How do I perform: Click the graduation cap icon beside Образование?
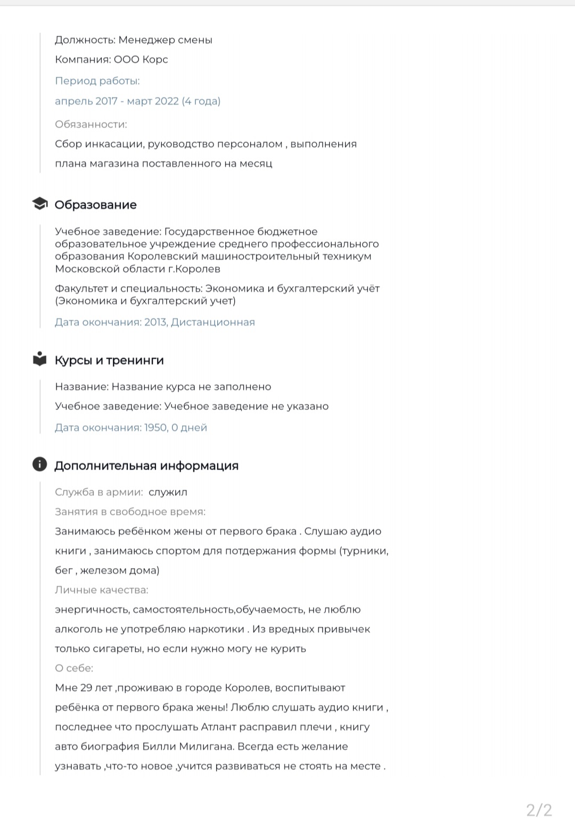pyautogui.click(x=39, y=204)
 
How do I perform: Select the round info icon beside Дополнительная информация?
pyautogui.click(x=39, y=464)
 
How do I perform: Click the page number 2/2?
pyautogui.click(x=539, y=810)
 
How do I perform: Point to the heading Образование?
pyautogui.click(x=95, y=205)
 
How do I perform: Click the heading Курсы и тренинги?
pyautogui.click(x=109, y=360)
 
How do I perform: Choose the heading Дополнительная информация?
pyautogui.click(x=146, y=466)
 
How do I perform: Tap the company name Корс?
pyautogui.click(x=155, y=59)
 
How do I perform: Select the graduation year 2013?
pyautogui.click(x=155, y=322)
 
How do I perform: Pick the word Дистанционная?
pyautogui.click(x=213, y=322)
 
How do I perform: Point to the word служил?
pyautogui.click(x=168, y=492)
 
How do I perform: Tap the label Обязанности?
pyautogui.click(x=91, y=124)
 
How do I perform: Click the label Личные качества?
pyautogui.click(x=102, y=590)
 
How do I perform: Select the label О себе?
pyautogui.click(x=74, y=668)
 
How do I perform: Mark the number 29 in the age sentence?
pyautogui.click(x=86, y=688)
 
